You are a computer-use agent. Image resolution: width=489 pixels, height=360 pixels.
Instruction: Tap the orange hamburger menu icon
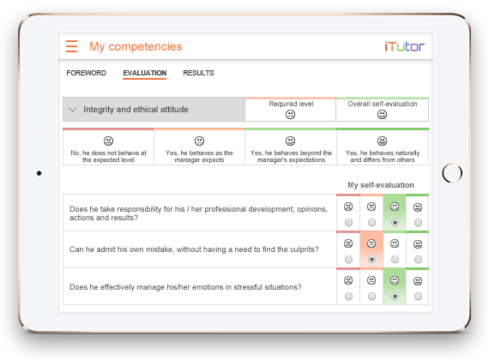pyautogui.click(x=71, y=46)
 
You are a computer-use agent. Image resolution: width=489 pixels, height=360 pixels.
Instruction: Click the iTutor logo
pyautogui.click(x=404, y=46)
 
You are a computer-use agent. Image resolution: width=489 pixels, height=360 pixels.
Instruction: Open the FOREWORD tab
pyautogui.click(x=86, y=73)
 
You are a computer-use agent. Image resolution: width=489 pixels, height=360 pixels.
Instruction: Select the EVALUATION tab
pyautogui.click(x=145, y=73)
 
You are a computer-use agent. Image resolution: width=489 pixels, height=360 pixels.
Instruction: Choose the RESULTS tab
pyautogui.click(x=198, y=73)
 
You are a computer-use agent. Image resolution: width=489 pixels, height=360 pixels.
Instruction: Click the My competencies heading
pyautogui.click(x=136, y=47)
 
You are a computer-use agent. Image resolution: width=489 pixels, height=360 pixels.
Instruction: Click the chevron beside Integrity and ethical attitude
pyautogui.click(x=72, y=110)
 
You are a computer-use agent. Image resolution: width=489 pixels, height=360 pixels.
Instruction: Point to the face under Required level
pyautogui.click(x=290, y=115)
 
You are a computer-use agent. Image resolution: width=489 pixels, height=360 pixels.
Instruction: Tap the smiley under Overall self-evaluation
pyautogui.click(x=382, y=115)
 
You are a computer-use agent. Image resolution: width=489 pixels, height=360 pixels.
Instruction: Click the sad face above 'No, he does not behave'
pyautogui.click(x=108, y=141)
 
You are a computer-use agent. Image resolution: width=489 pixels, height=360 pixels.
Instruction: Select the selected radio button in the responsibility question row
pyautogui.click(x=395, y=223)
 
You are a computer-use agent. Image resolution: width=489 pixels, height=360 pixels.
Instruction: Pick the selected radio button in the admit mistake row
pyautogui.click(x=371, y=260)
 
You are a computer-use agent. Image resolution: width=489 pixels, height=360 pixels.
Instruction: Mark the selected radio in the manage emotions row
pyautogui.click(x=395, y=296)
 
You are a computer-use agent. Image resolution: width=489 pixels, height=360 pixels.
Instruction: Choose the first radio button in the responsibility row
pyautogui.click(x=348, y=223)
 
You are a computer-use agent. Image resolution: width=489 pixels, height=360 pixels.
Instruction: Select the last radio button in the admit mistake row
pyautogui.click(x=418, y=260)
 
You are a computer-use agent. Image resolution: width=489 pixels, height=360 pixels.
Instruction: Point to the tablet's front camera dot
pyautogui.click(x=39, y=173)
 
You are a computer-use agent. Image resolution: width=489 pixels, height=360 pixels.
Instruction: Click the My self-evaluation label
pyautogui.click(x=381, y=185)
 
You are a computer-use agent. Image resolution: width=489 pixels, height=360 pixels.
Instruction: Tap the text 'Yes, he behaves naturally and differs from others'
pyautogui.click(x=383, y=157)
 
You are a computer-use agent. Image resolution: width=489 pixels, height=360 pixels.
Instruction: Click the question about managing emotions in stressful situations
pyautogui.click(x=185, y=287)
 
